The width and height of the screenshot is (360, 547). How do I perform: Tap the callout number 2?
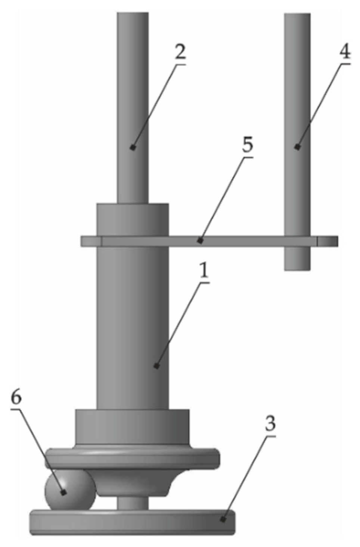[x=180, y=54]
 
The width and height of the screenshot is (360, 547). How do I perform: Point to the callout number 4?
[x=345, y=53]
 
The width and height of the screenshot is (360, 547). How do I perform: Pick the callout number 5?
[x=247, y=146]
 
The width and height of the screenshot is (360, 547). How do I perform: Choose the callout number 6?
[x=16, y=398]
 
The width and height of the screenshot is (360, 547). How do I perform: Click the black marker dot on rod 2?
[x=133, y=147]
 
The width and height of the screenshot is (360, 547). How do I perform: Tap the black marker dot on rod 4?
[x=297, y=147]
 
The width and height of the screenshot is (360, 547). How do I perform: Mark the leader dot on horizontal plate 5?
[x=201, y=241]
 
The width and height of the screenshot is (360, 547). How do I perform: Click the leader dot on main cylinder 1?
[x=157, y=366]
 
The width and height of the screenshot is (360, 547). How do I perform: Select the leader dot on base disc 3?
[x=223, y=519]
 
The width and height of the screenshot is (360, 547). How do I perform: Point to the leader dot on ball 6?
[x=64, y=493]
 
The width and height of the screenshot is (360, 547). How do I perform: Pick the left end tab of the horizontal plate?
[x=90, y=241]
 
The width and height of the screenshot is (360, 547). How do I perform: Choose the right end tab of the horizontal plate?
[x=328, y=241]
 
